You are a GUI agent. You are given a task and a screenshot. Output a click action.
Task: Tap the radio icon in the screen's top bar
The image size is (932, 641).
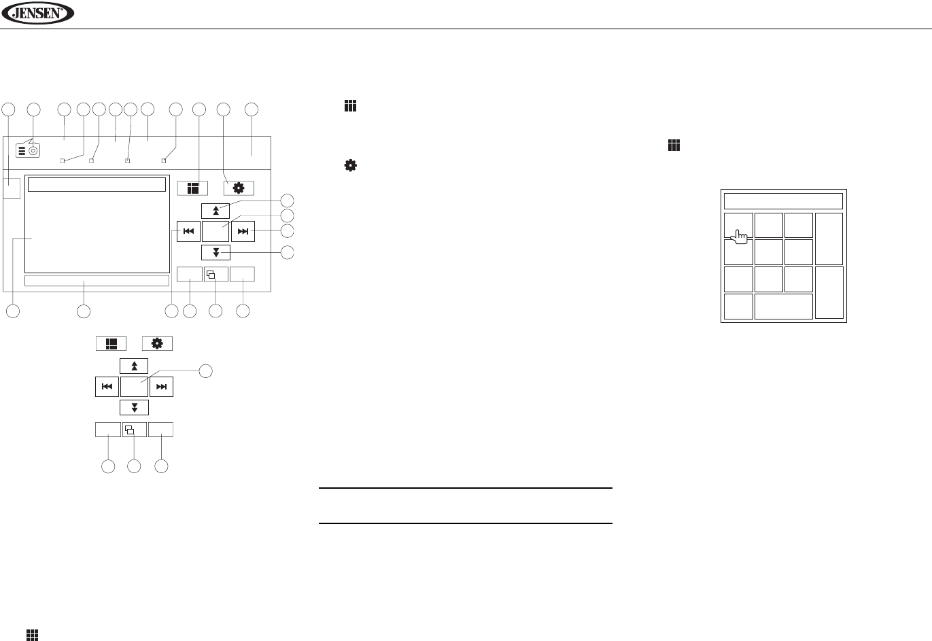(x=29, y=151)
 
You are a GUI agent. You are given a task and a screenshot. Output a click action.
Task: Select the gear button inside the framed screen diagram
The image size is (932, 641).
(x=239, y=188)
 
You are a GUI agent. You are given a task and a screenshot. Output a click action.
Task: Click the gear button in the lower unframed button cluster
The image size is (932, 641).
(x=157, y=343)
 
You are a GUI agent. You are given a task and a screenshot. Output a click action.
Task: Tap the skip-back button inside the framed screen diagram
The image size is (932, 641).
(x=188, y=232)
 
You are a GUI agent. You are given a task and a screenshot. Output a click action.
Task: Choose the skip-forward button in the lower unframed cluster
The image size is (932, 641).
(x=161, y=387)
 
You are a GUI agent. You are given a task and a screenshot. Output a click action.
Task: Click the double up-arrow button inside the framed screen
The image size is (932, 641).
(x=215, y=210)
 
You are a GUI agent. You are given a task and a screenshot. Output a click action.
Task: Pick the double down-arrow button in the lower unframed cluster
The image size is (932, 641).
(x=135, y=407)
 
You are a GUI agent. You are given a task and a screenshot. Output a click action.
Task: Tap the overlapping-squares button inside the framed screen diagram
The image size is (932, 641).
(x=215, y=275)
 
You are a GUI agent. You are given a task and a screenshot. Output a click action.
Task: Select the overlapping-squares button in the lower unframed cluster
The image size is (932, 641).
(x=134, y=430)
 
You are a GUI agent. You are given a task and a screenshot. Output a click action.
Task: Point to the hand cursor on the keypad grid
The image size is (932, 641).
(x=740, y=237)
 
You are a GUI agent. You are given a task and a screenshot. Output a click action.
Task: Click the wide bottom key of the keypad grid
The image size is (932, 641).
(x=784, y=307)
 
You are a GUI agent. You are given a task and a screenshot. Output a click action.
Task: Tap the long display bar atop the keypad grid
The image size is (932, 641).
(x=783, y=201)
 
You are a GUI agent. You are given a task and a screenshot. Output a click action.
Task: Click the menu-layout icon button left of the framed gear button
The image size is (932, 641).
(x=192, y=188)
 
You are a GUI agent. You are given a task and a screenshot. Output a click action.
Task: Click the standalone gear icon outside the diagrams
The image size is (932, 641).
(x=351, y=165)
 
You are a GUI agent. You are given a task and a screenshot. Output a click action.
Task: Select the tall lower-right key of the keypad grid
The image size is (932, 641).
(x=829, y=292)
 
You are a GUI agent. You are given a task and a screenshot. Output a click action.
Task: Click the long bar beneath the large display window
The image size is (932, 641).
(x=97, y=281)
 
